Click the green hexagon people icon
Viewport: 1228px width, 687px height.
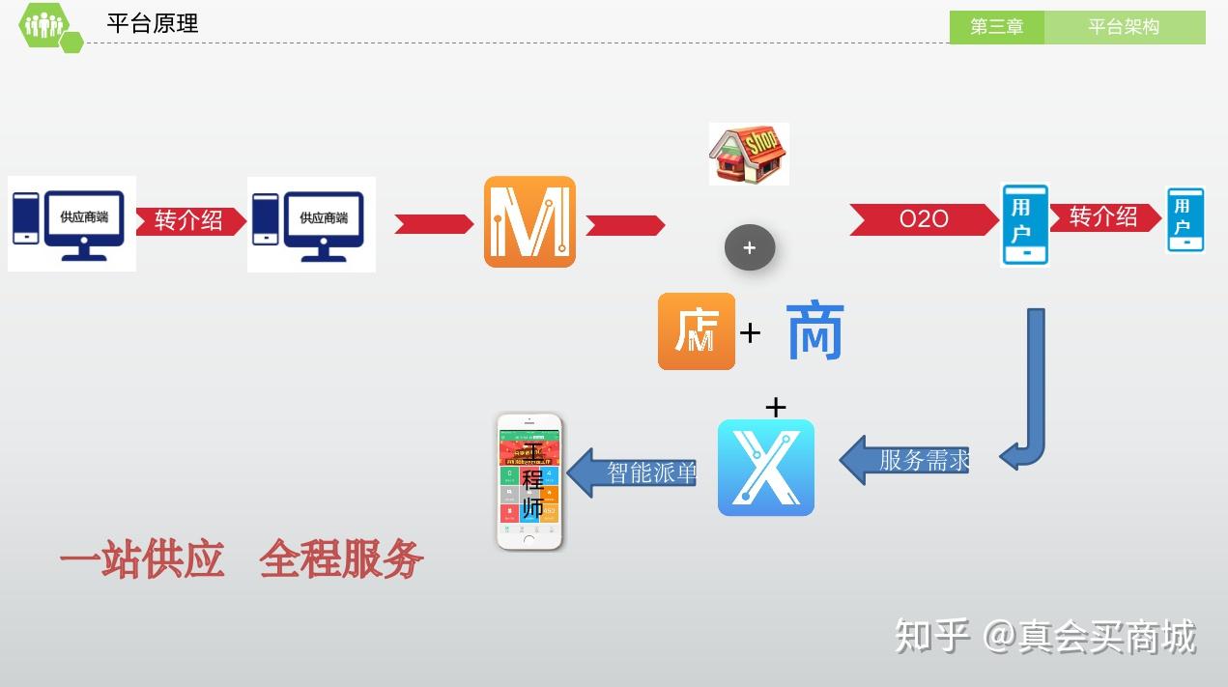point(44,25)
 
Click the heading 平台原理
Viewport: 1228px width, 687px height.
point(153,24)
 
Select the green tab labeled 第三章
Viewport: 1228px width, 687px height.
point(996,27)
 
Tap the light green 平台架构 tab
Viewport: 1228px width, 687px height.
point(1124,27)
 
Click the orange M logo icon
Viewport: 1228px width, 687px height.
point(529,222)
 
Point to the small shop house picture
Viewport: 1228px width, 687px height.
point(749,154)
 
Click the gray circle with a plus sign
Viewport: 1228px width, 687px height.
point(750,247)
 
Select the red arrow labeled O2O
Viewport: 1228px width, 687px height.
point(923,219)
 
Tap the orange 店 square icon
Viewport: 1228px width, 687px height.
point(697,331)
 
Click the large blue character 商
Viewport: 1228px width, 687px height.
point(815,331)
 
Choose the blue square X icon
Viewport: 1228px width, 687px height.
point(766,468)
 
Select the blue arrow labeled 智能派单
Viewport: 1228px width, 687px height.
point(633,472)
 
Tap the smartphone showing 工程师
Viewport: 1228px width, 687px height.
point(529,481)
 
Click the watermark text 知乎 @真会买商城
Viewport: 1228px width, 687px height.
point(1045,636)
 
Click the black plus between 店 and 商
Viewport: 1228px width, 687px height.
point(750,333)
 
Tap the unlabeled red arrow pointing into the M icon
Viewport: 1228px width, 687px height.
point(434,224)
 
